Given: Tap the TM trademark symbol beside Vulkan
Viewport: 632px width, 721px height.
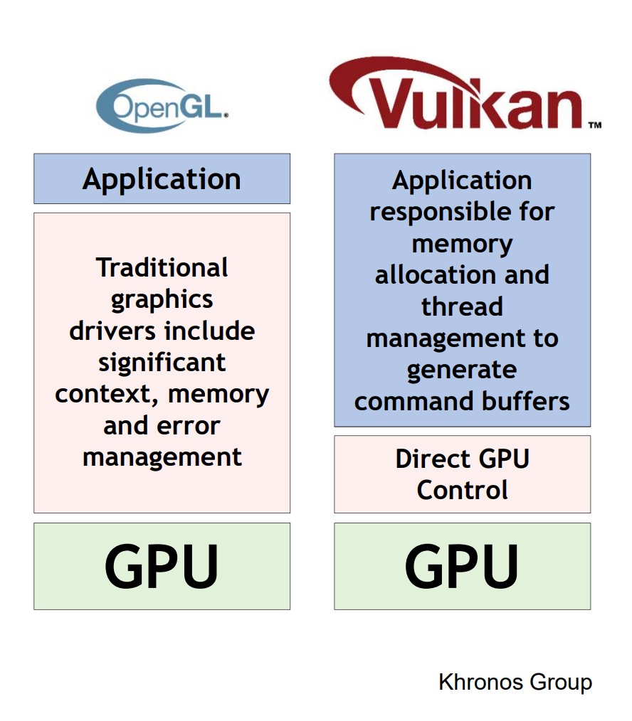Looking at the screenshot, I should coord(594,125).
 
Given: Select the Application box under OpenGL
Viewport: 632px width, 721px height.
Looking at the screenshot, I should coord(162,179).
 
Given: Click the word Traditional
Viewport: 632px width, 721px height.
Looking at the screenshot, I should coord(162,268).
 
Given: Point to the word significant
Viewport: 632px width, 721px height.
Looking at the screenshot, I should coord(162,363).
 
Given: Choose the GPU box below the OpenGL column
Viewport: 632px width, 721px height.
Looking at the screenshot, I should coord(162,566).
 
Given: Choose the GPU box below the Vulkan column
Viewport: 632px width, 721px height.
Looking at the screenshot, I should coord(462,566).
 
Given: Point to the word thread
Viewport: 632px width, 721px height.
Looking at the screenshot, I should coord(462,306).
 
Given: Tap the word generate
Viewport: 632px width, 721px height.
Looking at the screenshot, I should coord(462,370).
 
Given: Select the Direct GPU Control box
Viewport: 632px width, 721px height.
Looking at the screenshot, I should coord(462,474).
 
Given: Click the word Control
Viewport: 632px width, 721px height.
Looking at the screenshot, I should coord(462,490).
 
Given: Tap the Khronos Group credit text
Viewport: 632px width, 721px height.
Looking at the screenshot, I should coord(515,683).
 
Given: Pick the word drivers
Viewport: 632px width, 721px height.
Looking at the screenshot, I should coord(113,331).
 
